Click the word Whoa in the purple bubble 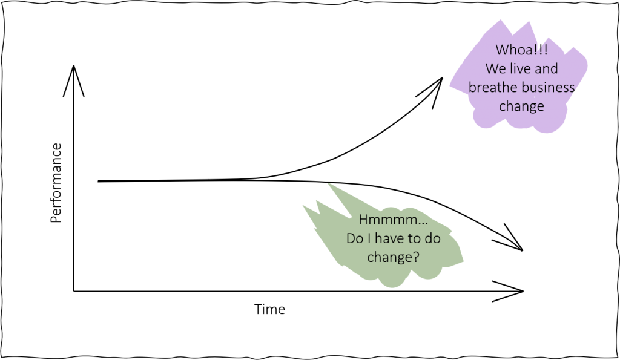click(x=512, y=50)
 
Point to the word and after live click(x=546, y=69)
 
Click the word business click(x=548, y=88)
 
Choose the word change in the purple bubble click(x=521, y=106)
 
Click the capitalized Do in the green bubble click(x=354, y=239)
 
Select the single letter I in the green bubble click(x=368, y=239)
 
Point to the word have click(x=389, y=239)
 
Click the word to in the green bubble click(x=414, y=239)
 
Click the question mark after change click(x=416, y=257)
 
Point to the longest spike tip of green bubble click(x=329, y=183)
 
